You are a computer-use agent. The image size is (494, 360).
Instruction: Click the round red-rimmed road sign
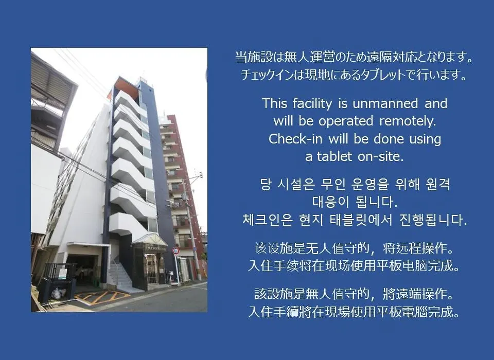point(176,250)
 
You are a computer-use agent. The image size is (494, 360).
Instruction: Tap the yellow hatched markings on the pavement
point(102,297)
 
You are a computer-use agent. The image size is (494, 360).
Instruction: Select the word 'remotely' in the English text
point(408,121)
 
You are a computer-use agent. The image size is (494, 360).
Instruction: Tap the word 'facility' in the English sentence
point(312,104)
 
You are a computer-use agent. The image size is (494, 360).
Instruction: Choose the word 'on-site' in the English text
point(381,156)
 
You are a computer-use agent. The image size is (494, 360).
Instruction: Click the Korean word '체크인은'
point(268,220)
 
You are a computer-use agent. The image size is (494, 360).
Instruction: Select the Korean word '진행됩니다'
point(433,220)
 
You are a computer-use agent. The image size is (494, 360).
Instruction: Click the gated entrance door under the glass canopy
point(152,268)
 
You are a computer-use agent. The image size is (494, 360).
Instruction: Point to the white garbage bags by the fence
point(58,293)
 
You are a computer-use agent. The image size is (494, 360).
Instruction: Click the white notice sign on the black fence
point(63,274)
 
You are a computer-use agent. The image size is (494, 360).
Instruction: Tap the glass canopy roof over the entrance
point(150,239)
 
